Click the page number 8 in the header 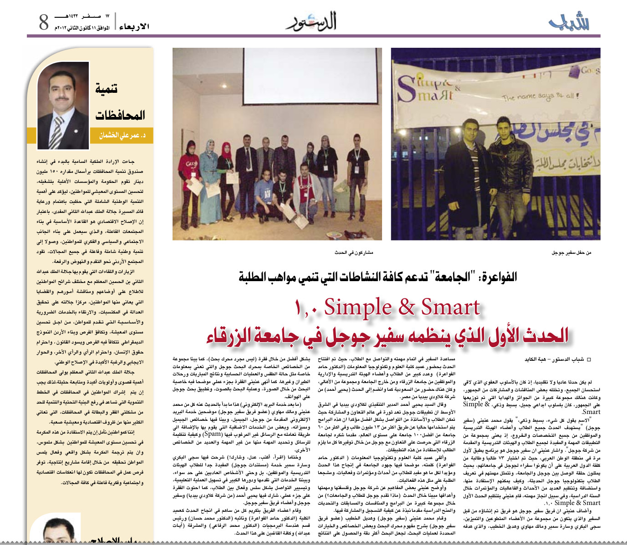(44, 22)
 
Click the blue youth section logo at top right (569, 22)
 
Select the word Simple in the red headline (357, 308)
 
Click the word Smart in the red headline (450, 308)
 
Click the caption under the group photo (354, 252)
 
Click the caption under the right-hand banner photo (571, 252)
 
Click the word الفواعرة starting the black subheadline (498, 277)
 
